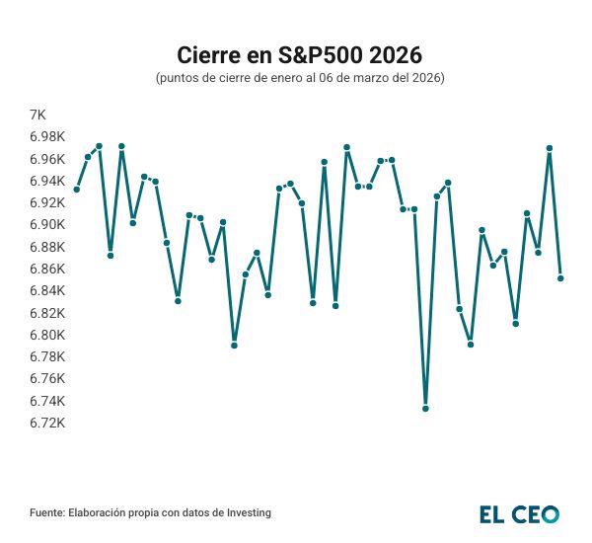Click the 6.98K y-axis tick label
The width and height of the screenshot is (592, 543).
(48, 137)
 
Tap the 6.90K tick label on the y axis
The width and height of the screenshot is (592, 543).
(48, 225)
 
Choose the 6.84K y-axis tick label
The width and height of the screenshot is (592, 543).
(48, 291)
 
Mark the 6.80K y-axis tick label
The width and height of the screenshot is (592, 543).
(48, 335)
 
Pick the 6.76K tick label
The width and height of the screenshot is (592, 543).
(48, 379)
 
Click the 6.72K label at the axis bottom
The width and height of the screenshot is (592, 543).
(48, 423)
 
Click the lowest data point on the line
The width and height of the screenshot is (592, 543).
(425, 408)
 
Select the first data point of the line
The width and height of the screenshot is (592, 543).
(76, 190)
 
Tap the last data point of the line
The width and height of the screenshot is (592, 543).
(560, 278)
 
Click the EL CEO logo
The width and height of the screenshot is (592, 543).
(519, 513)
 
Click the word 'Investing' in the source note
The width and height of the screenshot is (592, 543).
(247, 513)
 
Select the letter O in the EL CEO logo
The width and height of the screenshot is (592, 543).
(549, 513)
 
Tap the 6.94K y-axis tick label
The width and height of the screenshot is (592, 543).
(48, 182)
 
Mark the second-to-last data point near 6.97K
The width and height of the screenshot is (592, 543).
(549, 148)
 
